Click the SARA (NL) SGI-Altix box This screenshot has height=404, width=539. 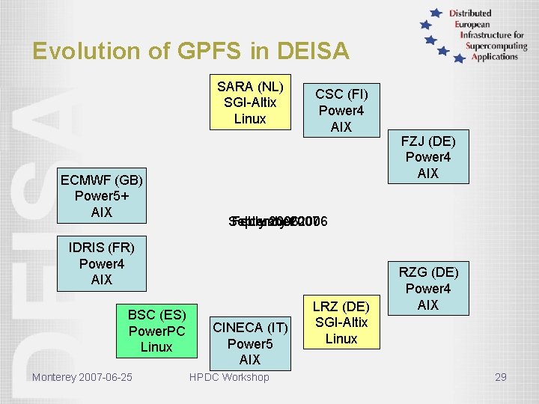(250, 102)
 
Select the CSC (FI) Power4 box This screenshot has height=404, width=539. (341, 110)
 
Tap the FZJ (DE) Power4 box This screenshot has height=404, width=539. (427, 157)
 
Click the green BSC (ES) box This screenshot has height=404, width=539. (156, 330)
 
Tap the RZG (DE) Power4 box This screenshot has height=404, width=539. (427, 288)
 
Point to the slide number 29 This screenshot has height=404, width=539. (500, 377)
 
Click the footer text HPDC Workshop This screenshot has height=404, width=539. (229, 377)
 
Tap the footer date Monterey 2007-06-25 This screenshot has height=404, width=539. (82, 377)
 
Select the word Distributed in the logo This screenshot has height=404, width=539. (470, 13)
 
